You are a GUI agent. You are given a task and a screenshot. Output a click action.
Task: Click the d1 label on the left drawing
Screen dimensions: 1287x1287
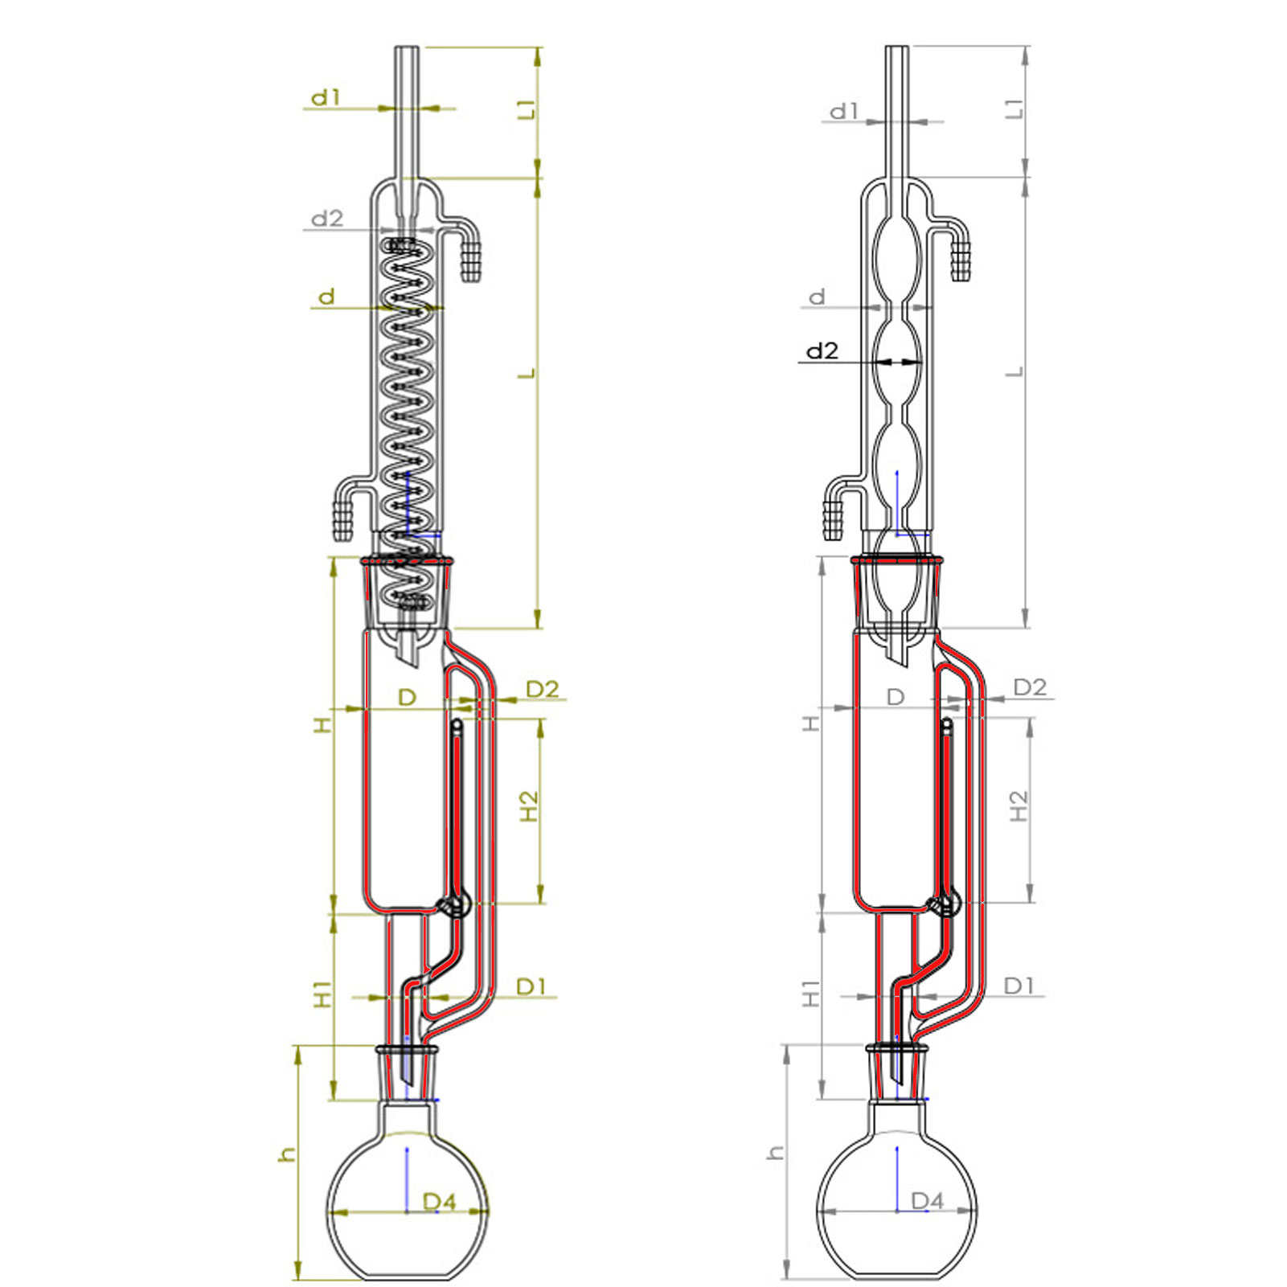(x=326, y=98)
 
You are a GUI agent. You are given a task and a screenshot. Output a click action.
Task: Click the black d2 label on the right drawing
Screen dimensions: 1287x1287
(x=822, y=350)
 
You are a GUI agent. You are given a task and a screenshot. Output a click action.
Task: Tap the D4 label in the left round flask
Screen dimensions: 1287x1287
(x=439, y=1202)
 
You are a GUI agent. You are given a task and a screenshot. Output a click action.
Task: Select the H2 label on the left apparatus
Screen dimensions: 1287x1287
(x=528, y=806)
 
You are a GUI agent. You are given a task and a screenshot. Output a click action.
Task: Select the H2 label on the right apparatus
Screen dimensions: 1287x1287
(x=1018, y=806)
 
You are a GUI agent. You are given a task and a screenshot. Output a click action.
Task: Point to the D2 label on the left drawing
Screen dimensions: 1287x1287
(x=542, y=689)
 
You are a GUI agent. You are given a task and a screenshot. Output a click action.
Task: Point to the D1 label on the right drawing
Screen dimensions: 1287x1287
(x=1019, y=986)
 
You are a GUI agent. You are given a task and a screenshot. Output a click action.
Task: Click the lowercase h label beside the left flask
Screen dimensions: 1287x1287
(x=287, y=1155)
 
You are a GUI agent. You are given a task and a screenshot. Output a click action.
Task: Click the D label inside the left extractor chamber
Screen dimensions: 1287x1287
(x=407, y=697)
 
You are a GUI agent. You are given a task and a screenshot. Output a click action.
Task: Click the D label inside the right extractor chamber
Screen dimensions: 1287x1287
(x=895, y=697)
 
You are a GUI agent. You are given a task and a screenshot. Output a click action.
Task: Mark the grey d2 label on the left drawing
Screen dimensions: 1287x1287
(x=326, y=218)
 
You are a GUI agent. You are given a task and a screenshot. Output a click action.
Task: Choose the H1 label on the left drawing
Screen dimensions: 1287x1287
(x=322, y=994)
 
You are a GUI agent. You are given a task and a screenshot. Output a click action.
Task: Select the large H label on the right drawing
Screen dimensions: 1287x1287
(x=811, y=723)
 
